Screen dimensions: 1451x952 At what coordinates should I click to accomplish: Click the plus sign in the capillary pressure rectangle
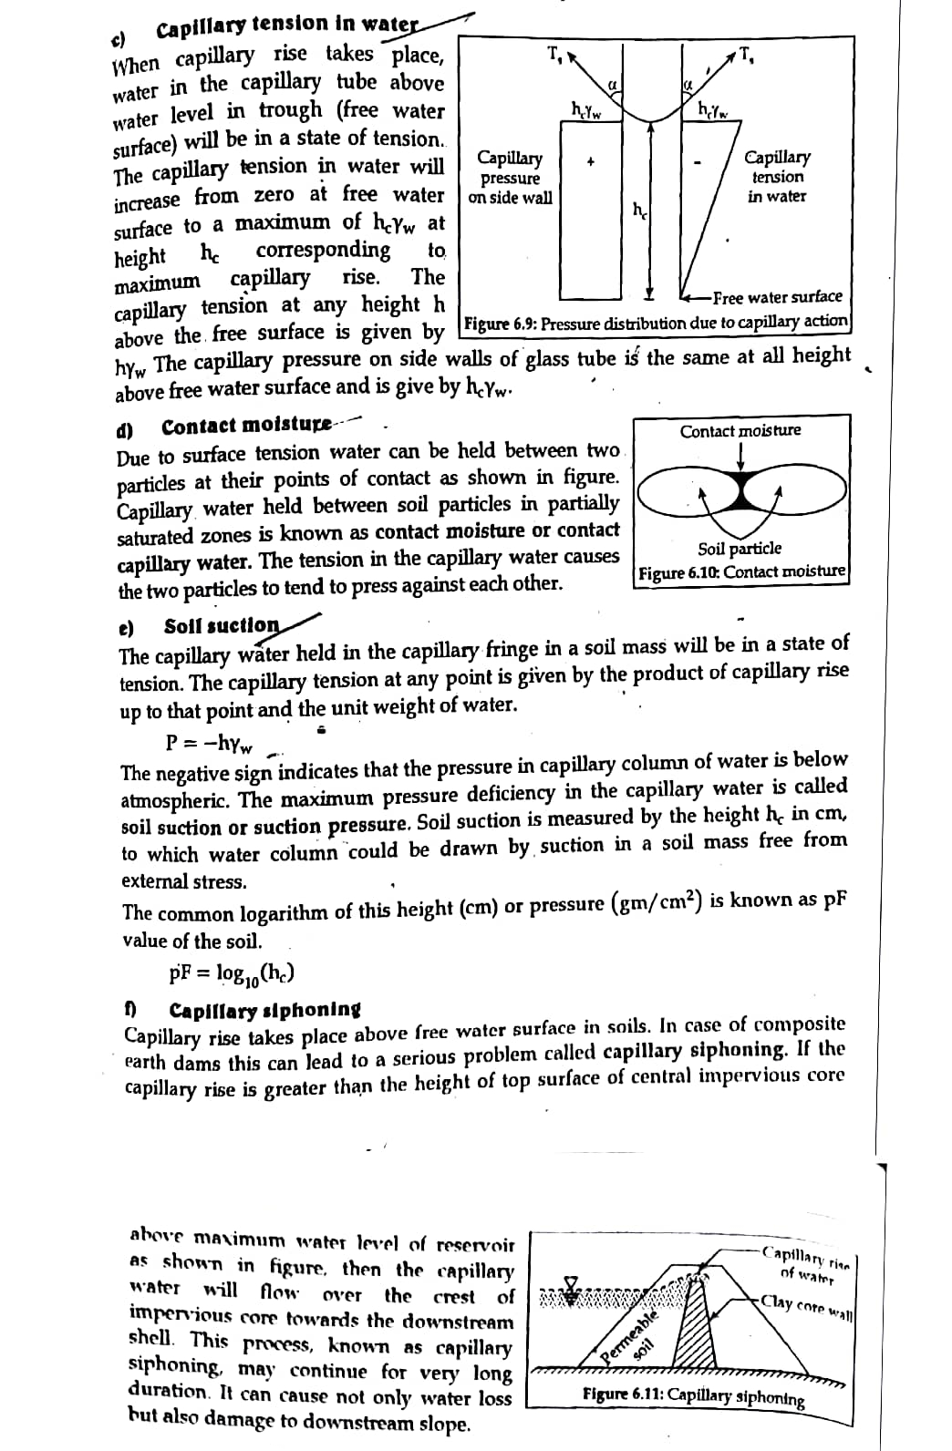[591, 163]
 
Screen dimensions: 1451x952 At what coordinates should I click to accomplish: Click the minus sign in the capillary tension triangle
[697, 164]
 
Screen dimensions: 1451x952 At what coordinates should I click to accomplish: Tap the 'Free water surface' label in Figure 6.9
[777, 297]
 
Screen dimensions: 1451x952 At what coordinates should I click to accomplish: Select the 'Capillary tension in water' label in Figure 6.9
[777, 177]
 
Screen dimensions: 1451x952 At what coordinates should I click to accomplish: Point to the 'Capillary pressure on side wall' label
[510, 178]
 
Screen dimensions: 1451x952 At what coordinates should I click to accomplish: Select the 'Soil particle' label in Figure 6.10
[740, 549]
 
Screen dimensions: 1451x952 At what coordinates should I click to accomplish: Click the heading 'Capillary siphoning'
[264, 1010]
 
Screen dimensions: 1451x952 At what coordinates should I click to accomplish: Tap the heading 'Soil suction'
[222, 626]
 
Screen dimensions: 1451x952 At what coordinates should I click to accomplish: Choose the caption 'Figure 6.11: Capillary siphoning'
[693, 1396]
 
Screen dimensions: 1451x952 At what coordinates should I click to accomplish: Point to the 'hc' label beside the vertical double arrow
[640, 211]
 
